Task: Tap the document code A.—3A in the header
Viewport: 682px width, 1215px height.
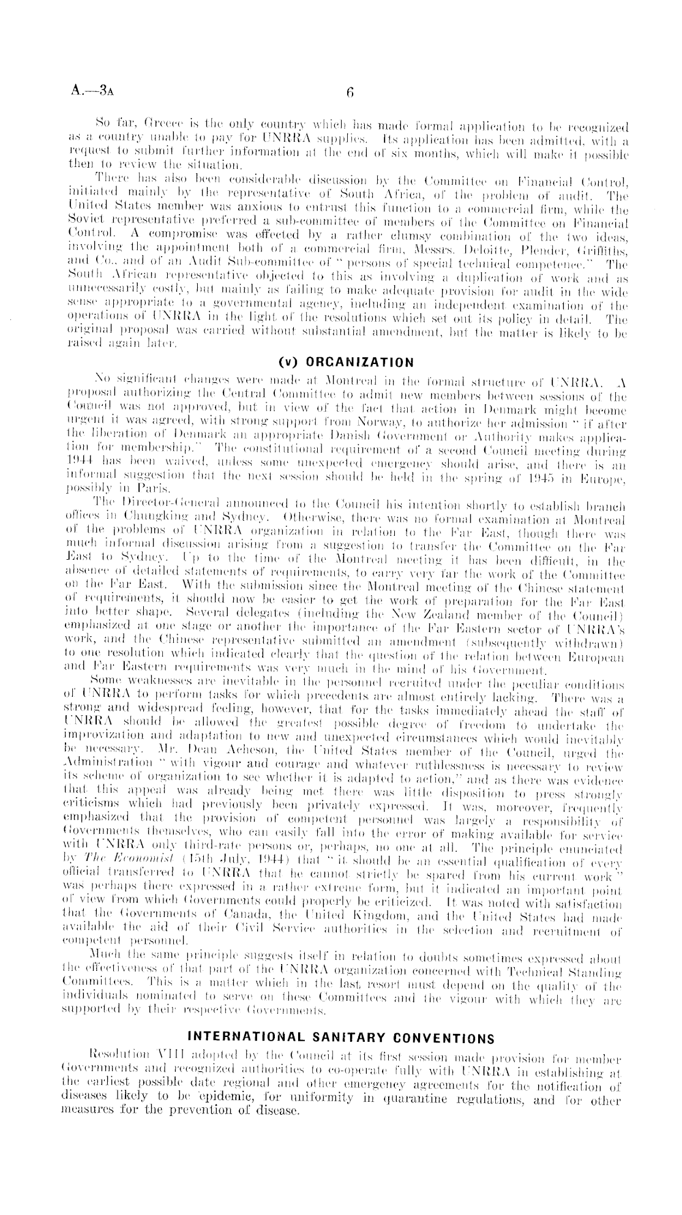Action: pyautogui.click(x=92, y=93)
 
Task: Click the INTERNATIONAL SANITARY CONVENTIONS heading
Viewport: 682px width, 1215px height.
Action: pyautogui.click(x=340, y=1038)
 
